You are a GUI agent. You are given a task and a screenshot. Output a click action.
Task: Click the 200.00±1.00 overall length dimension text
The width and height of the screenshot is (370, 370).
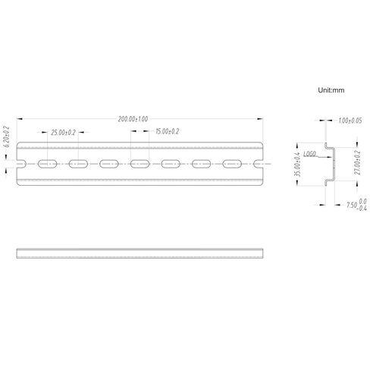pos(133,120)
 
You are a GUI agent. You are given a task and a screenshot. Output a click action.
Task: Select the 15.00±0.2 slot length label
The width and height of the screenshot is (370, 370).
pos(166,132)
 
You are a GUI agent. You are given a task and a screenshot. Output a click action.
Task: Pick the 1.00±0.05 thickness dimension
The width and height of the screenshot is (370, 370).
pos(349,121)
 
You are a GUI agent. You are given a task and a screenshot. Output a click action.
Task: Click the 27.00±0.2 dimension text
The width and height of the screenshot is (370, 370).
pos(356,161)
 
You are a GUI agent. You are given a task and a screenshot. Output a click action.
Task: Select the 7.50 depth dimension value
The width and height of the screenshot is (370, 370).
pos(351,204)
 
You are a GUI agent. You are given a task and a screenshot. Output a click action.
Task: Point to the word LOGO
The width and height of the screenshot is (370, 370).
pos(309,153)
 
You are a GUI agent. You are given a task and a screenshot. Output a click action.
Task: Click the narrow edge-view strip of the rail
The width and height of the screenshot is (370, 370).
pos(140,252)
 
